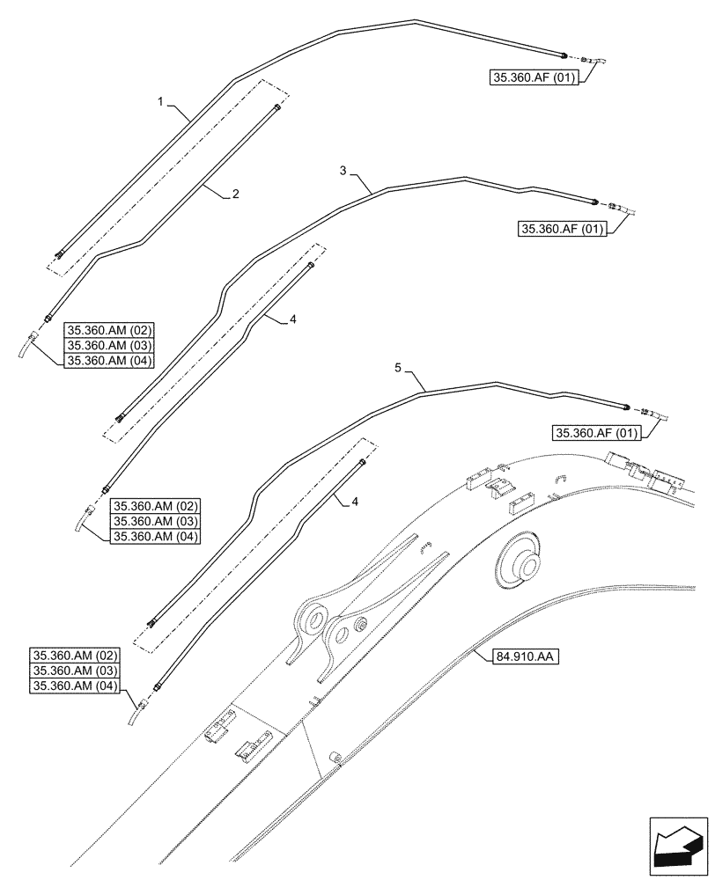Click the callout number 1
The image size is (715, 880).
[x=161, y=103]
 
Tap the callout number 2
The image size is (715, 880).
[x=235, y=194]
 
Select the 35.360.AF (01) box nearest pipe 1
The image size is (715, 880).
[x=534, y=78]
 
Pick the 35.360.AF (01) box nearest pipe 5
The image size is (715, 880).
[x=594, y=431]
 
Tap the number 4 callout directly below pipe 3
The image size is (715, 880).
[x=292, y=321]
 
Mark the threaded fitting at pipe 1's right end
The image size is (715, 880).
[x=564, y=55]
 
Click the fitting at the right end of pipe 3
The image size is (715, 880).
[x=596, y=202]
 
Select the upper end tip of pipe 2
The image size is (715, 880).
[x=278, y=106]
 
